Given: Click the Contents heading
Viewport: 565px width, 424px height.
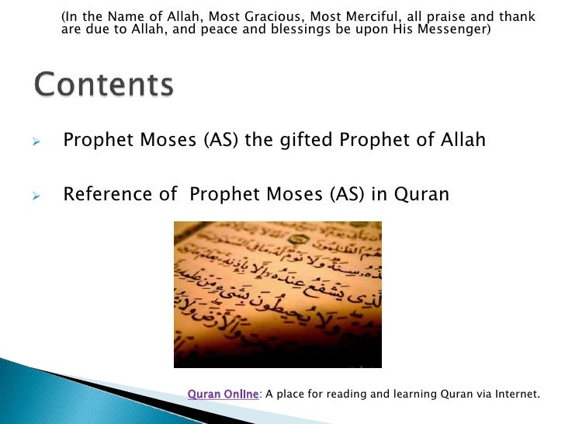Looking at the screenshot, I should point(103,85).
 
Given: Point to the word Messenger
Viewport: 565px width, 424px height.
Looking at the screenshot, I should point(456,30).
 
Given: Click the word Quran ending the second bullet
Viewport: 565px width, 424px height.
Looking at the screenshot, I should point(421,193).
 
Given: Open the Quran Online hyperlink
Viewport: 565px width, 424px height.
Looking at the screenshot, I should point(223,394).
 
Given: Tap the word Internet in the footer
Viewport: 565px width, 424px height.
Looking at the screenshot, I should point(515,394).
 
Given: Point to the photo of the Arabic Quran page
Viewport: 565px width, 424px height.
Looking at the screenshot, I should point(278,294).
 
